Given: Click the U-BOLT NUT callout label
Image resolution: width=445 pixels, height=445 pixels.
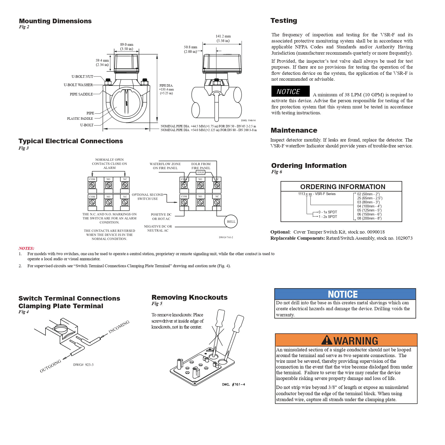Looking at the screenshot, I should click(82, 77).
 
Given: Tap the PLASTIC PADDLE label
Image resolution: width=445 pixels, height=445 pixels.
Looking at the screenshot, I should click(80, 119).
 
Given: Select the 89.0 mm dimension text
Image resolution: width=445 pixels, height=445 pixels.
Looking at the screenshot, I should click(127, 45).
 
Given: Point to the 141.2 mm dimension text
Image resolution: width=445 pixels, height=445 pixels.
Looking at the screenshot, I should click(223, 36).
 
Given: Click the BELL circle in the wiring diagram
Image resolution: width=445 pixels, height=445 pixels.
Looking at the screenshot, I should click(231, 222).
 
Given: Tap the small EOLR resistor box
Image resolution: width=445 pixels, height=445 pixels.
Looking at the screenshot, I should click(201, 172).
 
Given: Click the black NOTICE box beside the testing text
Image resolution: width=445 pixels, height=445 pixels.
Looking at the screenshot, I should click(290, 91).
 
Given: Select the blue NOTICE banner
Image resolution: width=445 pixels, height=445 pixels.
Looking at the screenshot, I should click(345, 294).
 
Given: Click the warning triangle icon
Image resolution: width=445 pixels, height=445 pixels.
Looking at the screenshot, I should click(327, 340).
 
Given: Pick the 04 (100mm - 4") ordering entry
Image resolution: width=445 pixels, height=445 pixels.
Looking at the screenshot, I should click(369, 206).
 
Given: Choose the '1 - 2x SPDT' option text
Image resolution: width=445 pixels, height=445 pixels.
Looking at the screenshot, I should click(328, 217).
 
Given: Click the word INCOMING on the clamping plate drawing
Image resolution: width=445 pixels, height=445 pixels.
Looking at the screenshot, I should click(119, 327).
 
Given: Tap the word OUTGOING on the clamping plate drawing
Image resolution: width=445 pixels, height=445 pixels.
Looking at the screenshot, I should click(50, 366).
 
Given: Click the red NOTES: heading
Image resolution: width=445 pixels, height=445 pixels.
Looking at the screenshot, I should click(26, 248).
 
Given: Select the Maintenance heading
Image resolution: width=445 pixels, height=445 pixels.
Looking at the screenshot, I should click(294, 130).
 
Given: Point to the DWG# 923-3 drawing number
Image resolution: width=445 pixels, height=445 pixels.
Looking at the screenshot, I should click(83, 365).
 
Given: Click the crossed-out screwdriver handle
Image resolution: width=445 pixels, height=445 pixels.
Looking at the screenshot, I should click(221, 318).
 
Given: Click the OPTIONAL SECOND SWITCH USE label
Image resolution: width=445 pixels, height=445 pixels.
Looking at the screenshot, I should click(147, 197).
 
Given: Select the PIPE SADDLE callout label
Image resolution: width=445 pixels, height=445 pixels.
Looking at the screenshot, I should click(81, 94).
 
